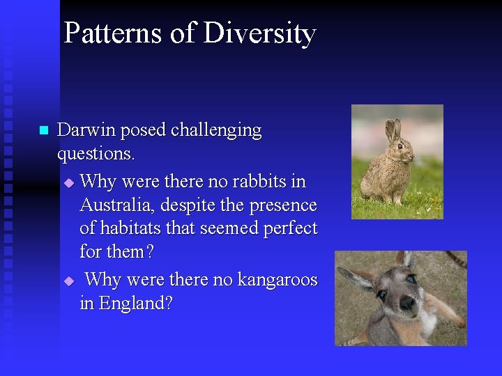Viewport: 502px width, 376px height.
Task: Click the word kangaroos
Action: (277, 279)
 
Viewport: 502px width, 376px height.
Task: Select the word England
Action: (135, 304)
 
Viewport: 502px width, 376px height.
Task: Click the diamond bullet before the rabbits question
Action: (68, 182)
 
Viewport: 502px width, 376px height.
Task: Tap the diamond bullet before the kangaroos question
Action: (68, 281)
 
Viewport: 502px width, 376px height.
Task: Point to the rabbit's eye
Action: (400, 146)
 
